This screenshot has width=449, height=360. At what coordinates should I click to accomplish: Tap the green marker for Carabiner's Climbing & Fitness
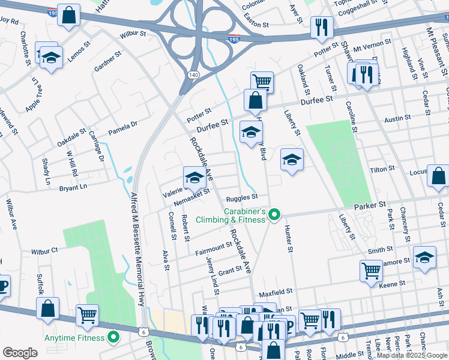point(274,214)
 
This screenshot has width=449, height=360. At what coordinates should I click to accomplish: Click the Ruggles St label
point(241,197)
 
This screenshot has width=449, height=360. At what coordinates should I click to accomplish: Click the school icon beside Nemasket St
point(194,178)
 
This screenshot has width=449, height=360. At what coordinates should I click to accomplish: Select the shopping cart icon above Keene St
point(371,271)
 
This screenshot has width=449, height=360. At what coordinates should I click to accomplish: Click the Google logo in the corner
point(20,353)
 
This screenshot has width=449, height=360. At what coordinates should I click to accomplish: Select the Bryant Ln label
point(73,188)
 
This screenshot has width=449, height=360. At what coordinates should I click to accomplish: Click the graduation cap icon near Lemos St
point(52,58)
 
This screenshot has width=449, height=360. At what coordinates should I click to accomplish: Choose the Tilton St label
point(382,170)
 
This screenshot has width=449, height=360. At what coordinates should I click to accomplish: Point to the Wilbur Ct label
point(45,249)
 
